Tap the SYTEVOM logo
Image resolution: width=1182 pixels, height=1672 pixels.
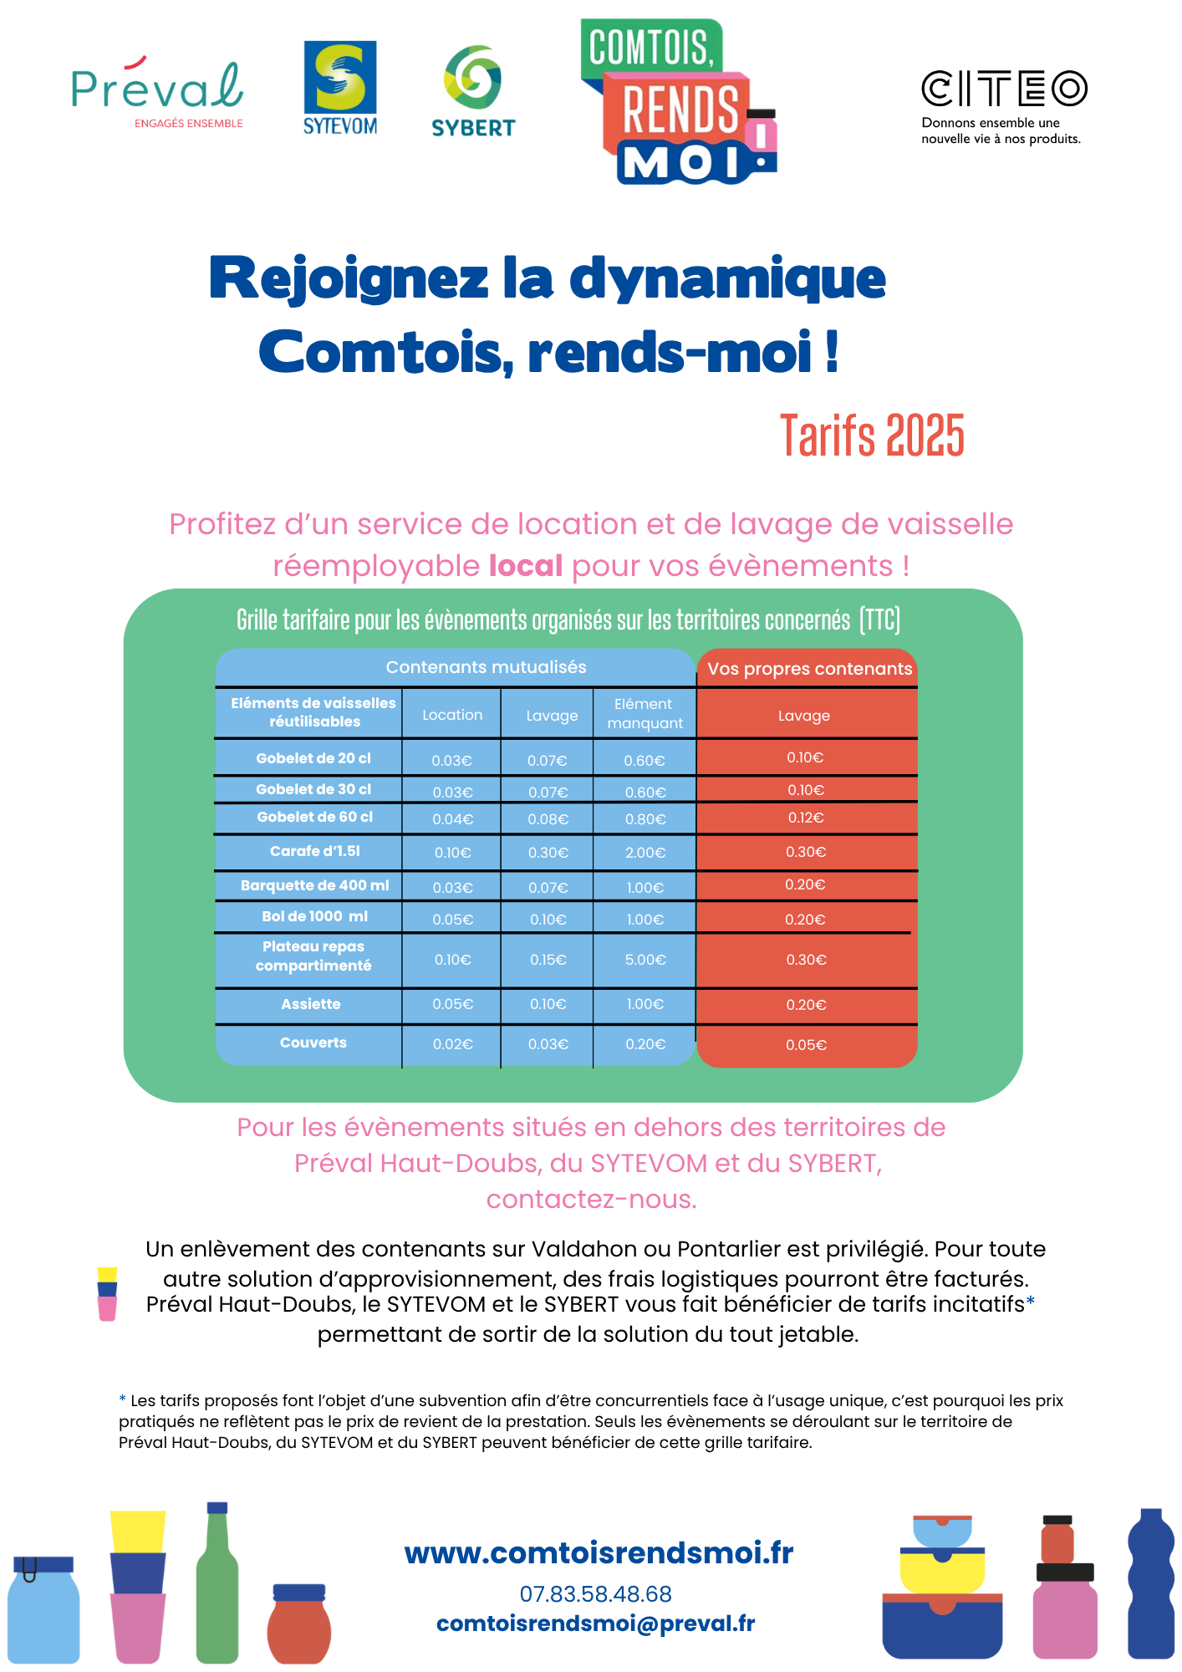(339, 89)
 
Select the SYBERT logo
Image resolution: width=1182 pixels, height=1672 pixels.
(473, 92)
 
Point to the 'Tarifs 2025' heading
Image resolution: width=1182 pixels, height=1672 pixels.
(872, 436)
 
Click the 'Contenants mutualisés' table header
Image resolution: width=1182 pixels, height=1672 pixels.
(486, 667)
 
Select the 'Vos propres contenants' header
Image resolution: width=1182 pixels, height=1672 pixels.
(809, 669)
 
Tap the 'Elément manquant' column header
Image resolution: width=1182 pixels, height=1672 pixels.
(644, 714)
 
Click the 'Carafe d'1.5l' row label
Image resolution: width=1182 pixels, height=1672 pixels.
(314, 851)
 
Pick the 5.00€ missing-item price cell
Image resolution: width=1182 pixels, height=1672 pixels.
(645, 960)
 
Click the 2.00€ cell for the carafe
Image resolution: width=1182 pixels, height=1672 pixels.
(645, 853)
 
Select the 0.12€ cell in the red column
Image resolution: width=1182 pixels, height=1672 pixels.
(806, 818)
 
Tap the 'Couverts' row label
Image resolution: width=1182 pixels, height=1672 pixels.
(313, 1042)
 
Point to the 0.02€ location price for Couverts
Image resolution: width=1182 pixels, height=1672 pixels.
(452, 1044)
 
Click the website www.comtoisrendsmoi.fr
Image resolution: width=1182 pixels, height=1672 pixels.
(599, 1552)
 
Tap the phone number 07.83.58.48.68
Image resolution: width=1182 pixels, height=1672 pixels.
(595, 1594)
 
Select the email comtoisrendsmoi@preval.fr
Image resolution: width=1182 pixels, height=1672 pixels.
(595, 1624)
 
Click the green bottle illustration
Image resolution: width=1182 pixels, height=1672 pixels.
(217, 1584)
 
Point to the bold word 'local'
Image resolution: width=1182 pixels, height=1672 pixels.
(526, 566)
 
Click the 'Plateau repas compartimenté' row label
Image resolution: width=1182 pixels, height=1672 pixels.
(313, 956)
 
